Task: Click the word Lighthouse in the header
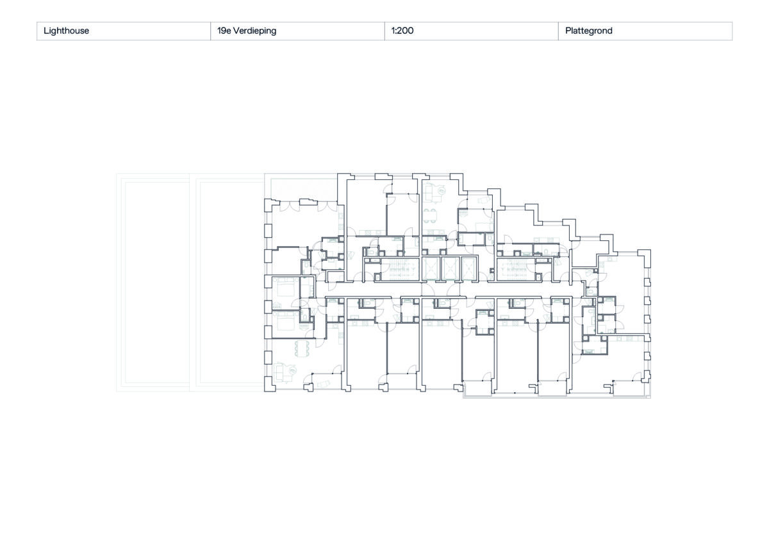point(66,31)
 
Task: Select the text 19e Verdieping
point(247,31)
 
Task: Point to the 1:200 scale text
point(402,31)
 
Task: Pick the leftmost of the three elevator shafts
point(431,270)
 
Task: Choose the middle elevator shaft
point(451,270)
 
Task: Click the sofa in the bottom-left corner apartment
point(283,371)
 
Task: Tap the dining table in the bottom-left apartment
point(301,348)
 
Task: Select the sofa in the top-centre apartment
point(433,190)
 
